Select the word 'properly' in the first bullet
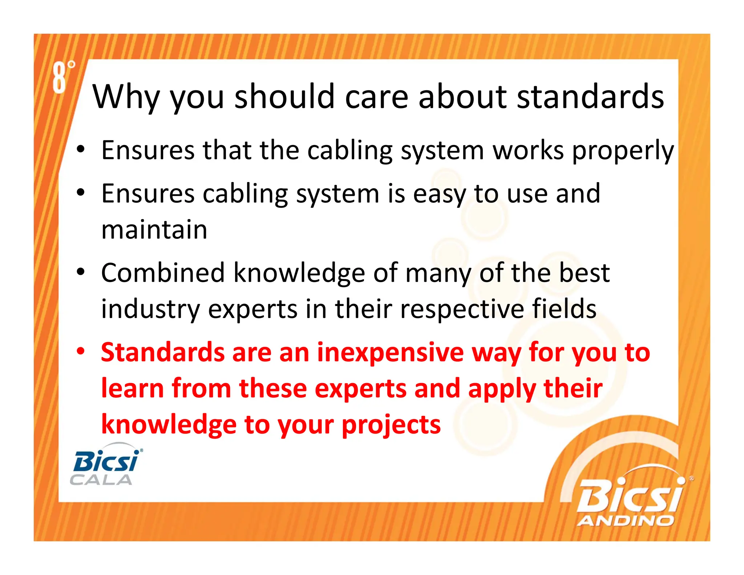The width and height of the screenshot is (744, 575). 623,151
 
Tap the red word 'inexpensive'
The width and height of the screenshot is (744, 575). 390,353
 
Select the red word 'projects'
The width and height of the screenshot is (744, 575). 391,425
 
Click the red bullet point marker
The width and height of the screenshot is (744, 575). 80,351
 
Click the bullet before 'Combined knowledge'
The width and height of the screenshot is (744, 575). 80,272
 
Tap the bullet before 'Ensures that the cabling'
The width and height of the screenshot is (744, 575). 80,149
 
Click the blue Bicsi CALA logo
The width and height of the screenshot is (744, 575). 105,465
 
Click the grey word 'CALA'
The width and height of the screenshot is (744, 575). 101,480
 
